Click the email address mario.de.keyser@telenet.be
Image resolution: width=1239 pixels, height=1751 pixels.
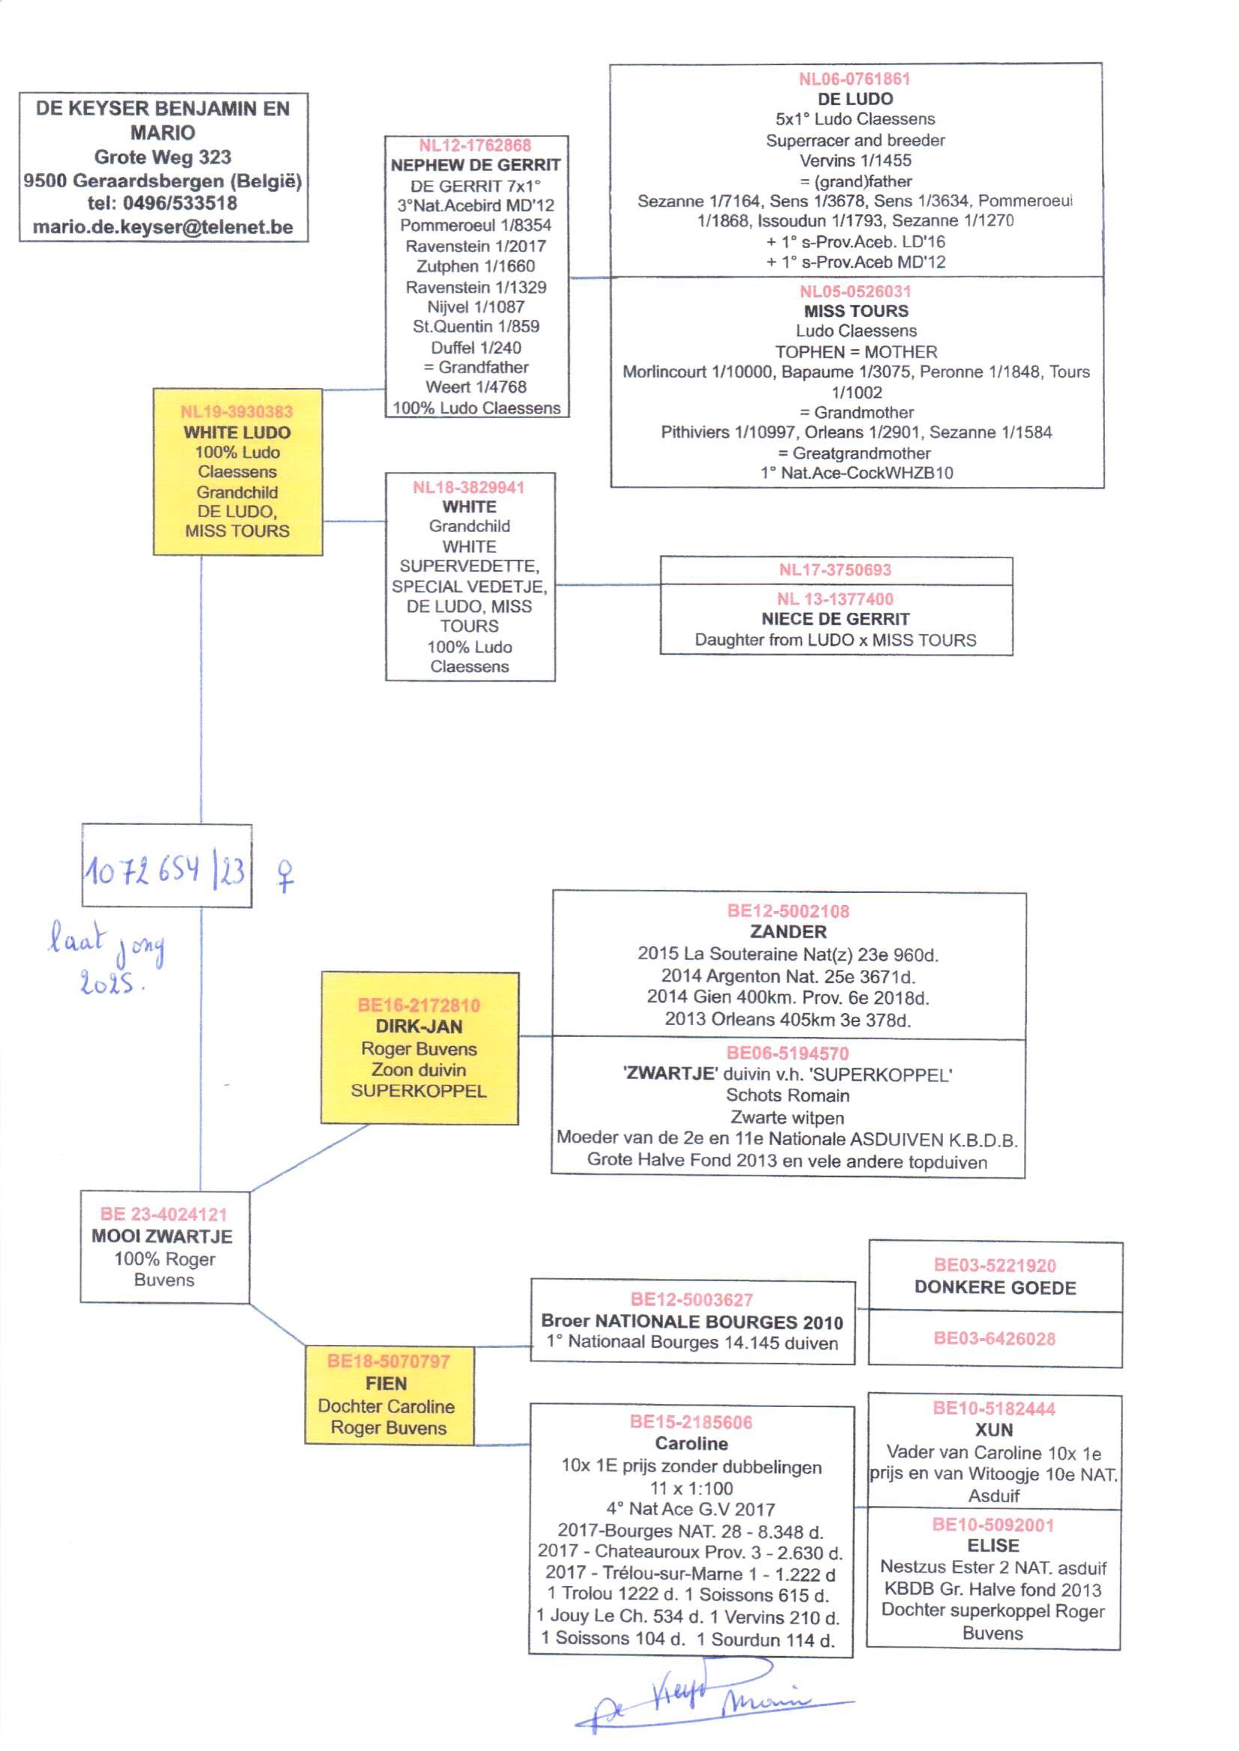click(163, 227)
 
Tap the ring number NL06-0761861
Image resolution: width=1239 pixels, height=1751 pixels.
click(854, 79)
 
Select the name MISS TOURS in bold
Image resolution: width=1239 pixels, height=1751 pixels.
click(856, 311)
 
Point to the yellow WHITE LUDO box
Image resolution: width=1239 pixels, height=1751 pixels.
click(237, 471)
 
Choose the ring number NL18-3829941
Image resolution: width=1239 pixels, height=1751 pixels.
click(468, 488)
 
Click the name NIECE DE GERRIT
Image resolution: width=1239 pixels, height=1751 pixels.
click(835, 620)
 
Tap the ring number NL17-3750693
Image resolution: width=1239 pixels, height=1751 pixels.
click(834, 570)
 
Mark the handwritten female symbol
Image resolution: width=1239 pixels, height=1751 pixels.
click(285, 876)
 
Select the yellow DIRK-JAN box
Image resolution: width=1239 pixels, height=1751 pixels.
click(419, 1047)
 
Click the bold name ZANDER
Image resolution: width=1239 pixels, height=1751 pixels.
click(788, 931)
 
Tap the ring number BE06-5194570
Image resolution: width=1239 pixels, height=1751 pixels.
click(787, 1053)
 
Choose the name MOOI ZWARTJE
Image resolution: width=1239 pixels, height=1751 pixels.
click(162, 1236)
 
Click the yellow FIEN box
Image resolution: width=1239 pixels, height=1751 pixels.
click(388, 1394)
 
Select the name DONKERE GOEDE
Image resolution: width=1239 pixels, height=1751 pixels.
click(995, 1288)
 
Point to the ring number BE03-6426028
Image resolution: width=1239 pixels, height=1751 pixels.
click(994, 1339)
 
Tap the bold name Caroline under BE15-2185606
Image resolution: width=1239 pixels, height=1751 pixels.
click(691, 1444)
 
